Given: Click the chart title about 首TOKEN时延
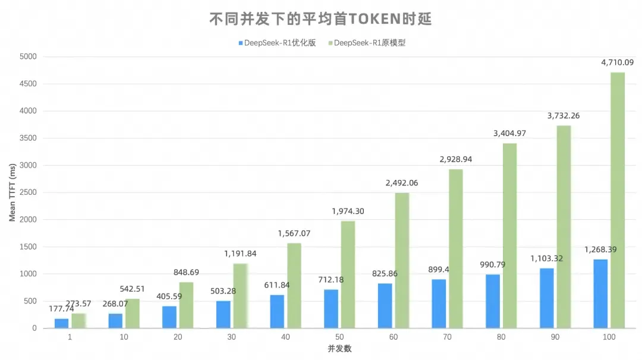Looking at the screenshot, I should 320,19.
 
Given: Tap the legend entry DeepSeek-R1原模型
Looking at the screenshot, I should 366,43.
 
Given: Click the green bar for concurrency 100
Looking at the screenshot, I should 618,200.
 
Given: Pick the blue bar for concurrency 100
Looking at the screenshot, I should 600,293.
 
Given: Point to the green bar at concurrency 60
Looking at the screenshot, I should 402,260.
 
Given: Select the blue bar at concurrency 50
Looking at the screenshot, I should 331,308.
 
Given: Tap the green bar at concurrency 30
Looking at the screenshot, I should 240,295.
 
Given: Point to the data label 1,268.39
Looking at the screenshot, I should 600,250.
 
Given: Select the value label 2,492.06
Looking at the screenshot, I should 401,183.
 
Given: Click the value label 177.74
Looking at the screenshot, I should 61,309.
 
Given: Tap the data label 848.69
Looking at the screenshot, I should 186,272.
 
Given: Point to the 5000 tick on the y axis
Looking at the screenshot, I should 28,56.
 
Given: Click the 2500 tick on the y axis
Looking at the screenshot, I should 28,192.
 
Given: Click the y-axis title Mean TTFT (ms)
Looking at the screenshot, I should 12,192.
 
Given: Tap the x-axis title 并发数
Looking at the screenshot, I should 339,349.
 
